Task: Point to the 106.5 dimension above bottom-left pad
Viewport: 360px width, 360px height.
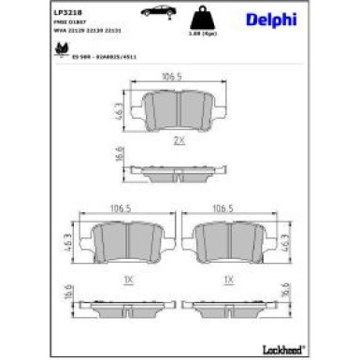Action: click(x=120, y=210)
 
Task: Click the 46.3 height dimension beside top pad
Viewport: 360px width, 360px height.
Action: click(x=120, y=109)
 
